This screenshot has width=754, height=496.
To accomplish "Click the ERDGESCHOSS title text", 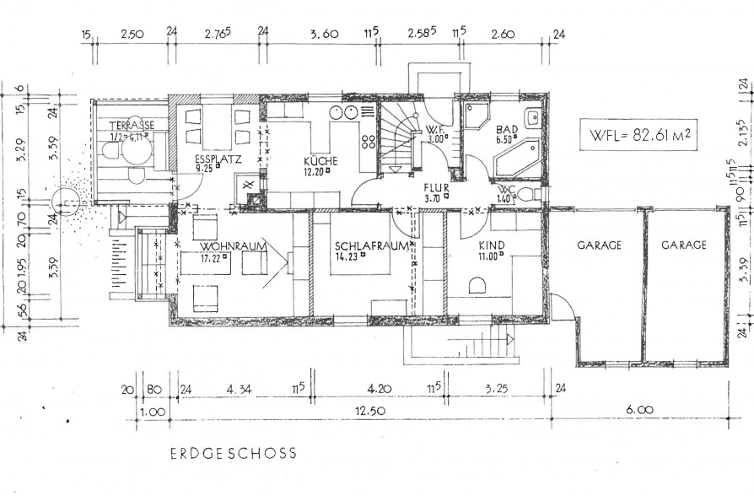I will (x=233, y=453).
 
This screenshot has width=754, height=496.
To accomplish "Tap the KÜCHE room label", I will (x=321, y=160).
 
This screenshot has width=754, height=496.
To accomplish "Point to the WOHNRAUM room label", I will (x=234, y=245).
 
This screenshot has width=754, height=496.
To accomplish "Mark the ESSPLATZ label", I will (x=212, y=158).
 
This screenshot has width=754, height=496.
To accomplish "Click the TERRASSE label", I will (x=132, y=125).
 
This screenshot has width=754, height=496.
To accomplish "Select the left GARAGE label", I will (x=599, y=245).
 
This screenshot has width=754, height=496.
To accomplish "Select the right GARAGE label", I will (x=683, y=245).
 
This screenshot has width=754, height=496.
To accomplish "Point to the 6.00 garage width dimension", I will (x=639, y=410).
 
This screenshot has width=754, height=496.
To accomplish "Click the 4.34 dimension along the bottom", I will (x=241, y=390).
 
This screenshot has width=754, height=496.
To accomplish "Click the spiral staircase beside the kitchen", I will (x=399, y=139).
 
